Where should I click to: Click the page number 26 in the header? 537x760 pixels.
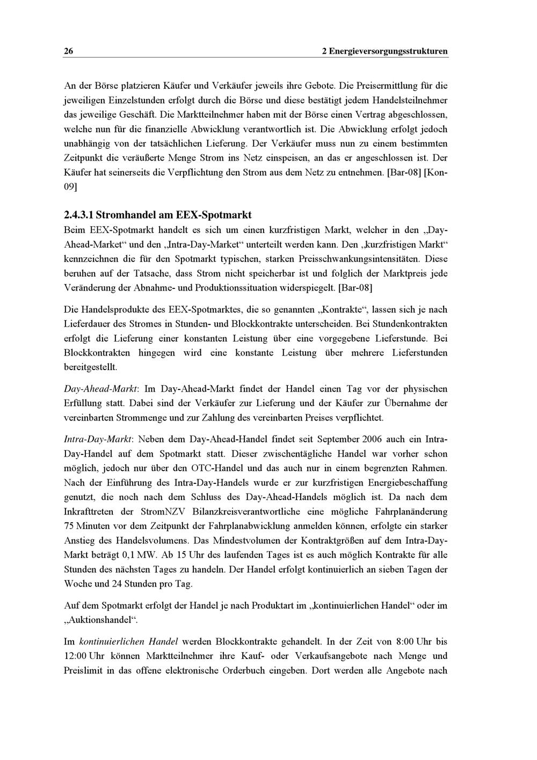(68, 52)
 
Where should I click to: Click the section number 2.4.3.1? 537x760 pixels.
(78, 215)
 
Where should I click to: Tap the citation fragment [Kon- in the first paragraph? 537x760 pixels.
(436, 173)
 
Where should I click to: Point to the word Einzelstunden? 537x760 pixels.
(135, 100)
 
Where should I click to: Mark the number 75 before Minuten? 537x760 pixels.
(69, 526)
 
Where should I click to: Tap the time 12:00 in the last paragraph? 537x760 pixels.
(75, 656)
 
